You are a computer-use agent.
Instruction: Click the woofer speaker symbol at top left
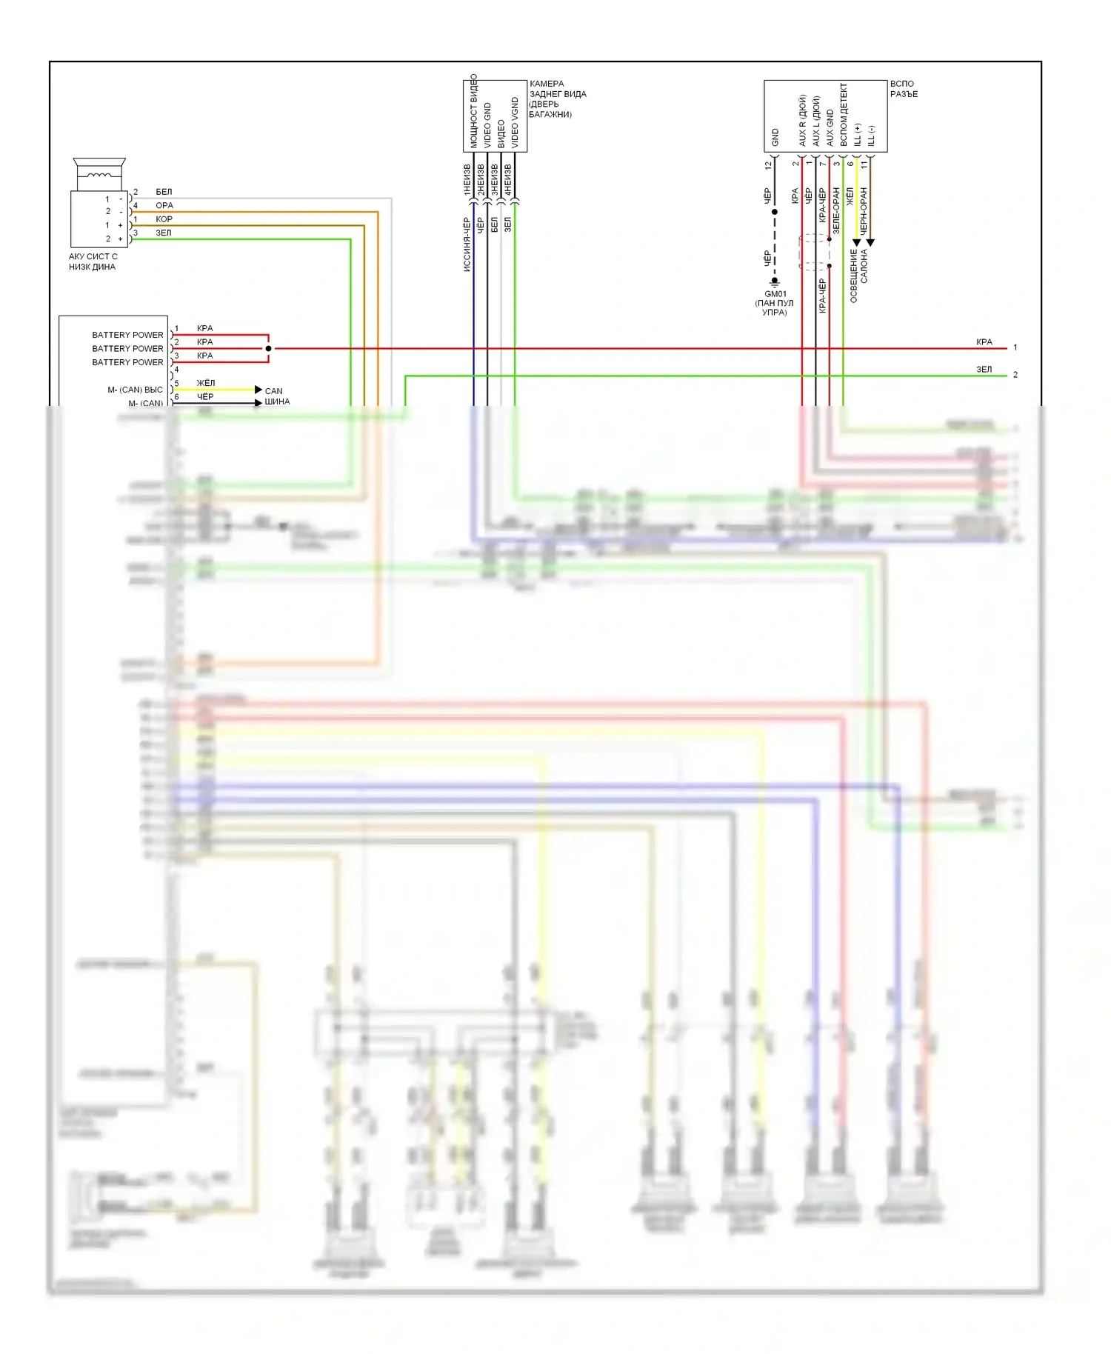pos(99,173)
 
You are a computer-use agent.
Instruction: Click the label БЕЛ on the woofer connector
pos(164,192)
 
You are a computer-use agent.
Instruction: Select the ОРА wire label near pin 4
pos(164,205)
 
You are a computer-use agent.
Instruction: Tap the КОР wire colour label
pos(164,219)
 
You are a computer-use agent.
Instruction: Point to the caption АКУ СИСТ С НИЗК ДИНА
pos(93,261)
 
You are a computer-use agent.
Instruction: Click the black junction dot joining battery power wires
pos(268,348)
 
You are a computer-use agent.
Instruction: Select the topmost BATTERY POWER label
pos(127,335)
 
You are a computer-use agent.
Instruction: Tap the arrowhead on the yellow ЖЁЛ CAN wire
pos(258,390)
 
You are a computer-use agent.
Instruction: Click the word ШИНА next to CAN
pos(277,401)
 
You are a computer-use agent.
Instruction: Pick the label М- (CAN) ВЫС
pos(135,390)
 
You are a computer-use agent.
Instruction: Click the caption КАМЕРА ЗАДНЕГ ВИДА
pos(557,99)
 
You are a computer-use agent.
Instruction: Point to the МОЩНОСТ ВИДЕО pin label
pos(474,111)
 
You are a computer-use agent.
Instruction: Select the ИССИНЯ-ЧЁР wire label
pos(467,244)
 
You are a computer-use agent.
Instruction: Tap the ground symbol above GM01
pos(775,282)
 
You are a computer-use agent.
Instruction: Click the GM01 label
pos(775,294)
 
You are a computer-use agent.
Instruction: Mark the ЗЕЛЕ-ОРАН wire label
pos(836,211)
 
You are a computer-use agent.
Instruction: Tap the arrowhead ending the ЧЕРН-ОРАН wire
pos(870,242)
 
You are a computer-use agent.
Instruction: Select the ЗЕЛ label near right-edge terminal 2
pos(984,369)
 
